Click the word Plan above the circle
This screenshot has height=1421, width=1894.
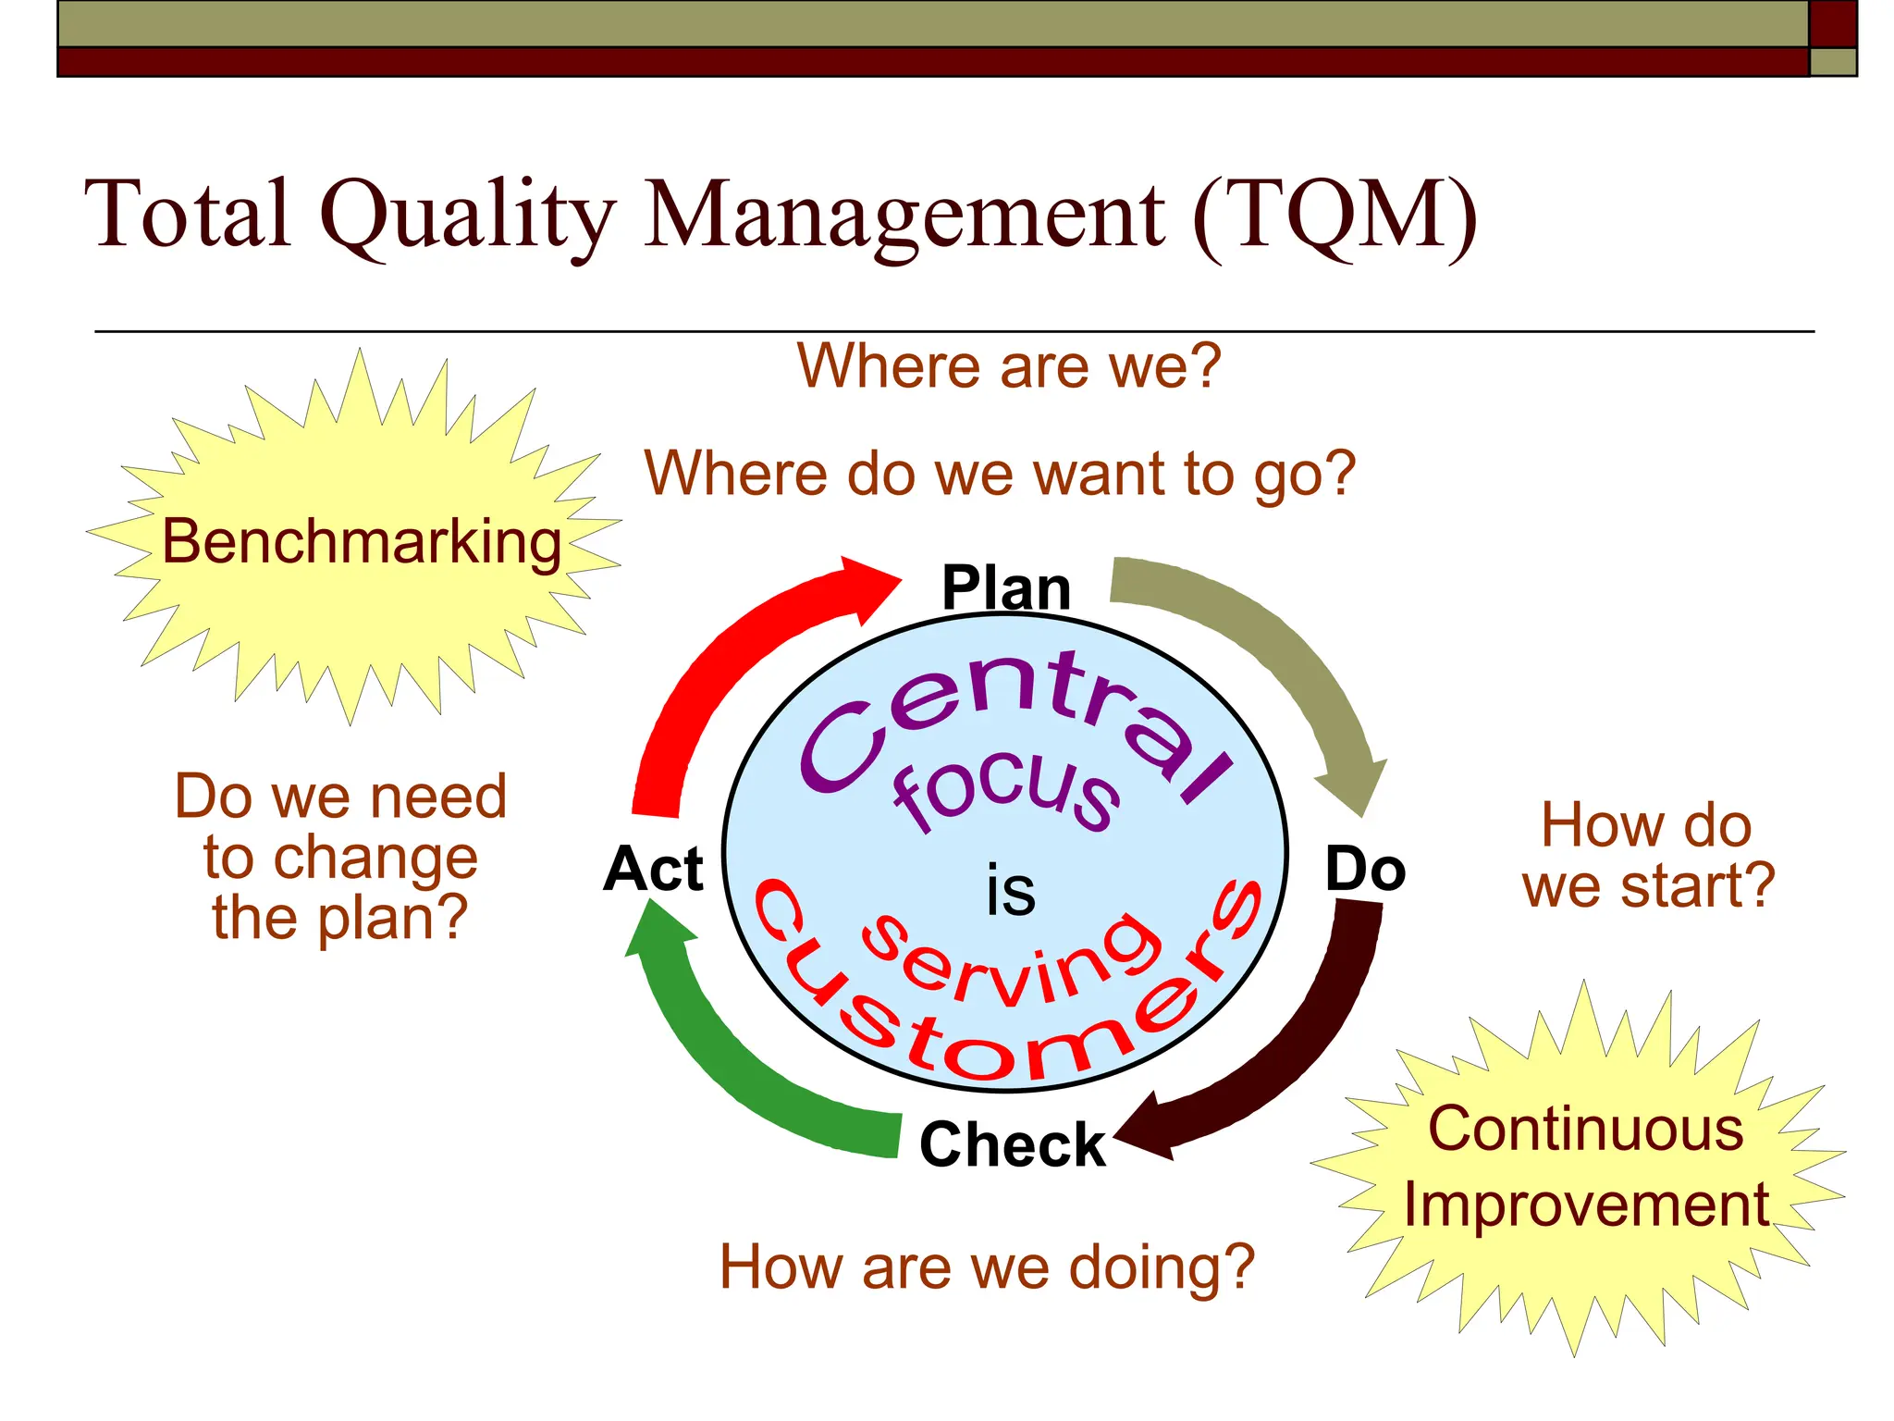point(1006,588)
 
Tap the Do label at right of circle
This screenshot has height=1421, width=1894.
point(1365,870)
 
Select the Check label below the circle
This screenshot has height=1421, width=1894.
point(1013,1145)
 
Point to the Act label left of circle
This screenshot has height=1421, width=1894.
point(654,870)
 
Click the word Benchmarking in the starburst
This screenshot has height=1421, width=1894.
point(362,542)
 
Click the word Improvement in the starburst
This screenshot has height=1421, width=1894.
point(1586,1205)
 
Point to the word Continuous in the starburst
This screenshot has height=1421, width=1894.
point(1586,1130)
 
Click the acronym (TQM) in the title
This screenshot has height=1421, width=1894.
point(1334,215)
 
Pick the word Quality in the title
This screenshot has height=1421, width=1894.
point(468,215)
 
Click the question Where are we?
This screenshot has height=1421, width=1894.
point(1009,366)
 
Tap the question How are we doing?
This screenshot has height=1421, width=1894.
point(987,1267)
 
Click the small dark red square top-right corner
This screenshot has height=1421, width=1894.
point(1832,23)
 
